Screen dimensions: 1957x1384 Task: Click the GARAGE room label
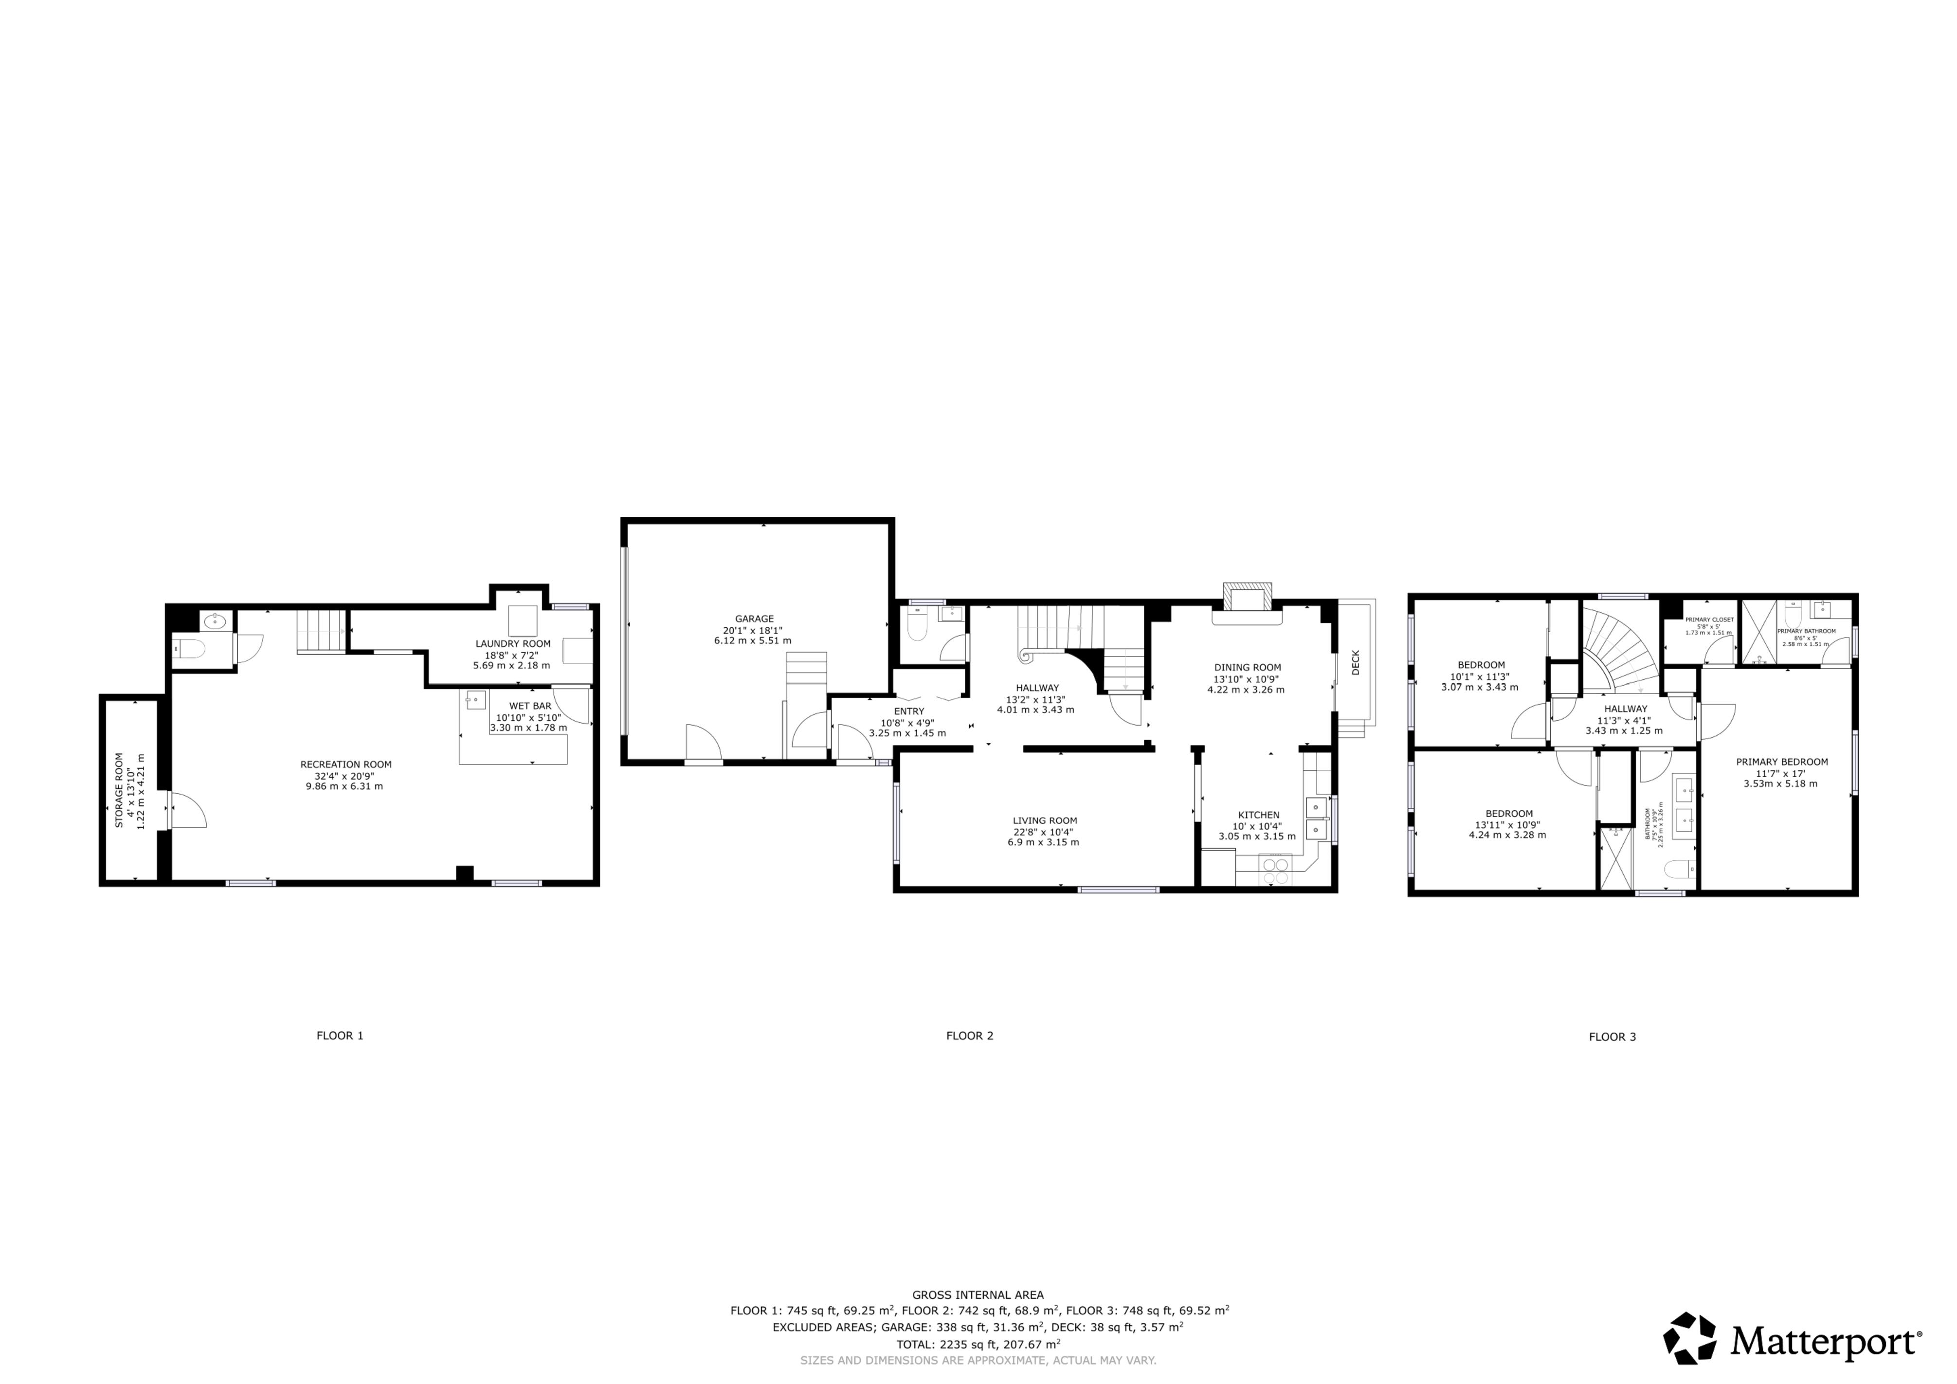click(754, 619)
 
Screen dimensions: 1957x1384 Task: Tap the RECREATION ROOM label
click(346, 765)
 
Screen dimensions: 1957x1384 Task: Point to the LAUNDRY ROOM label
click(513, 643)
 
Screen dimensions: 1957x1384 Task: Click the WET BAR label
click(530, 706)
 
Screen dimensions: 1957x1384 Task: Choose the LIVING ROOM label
click(1045, 820)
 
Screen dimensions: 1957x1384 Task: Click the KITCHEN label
click(1259, 815)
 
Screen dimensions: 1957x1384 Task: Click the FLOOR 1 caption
click(340, 1036)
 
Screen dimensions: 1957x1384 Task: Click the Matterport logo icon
click(1690, 1337)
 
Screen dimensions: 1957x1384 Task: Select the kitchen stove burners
click(1276, 871)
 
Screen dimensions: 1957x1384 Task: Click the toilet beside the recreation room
click(189, 649)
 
